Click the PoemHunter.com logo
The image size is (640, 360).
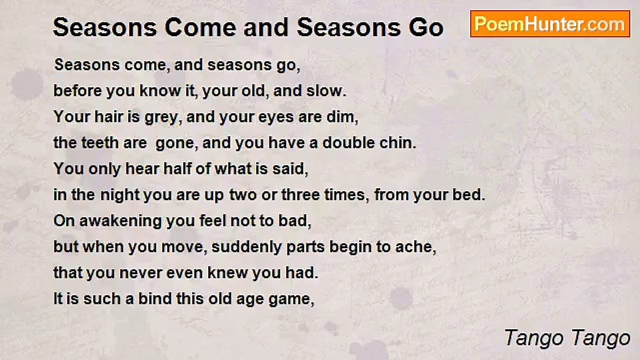(550, 24)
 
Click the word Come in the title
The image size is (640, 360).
(194, 28)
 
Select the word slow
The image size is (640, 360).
(327, 91)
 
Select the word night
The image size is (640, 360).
(119, 195)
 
